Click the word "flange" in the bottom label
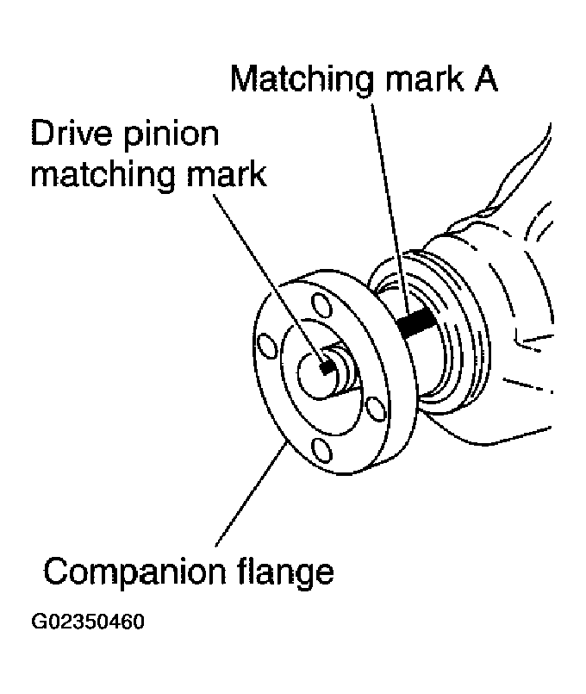coord(284,570)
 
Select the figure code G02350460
coord(87,622)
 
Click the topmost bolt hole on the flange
coord(320,305)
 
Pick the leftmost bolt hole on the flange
coord(271,347)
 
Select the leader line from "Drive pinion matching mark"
coord(267,276)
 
